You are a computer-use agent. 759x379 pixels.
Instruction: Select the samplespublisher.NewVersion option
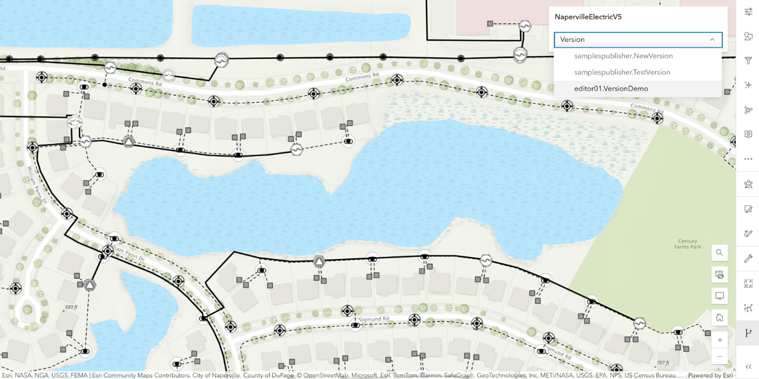pos(623,56)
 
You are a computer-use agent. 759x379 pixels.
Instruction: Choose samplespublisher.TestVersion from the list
pos(622,72)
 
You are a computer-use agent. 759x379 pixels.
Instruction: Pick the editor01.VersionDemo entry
pos(611,89)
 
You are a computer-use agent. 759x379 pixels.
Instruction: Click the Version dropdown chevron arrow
pos(712,40)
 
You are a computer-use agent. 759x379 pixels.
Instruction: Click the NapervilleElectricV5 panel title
pos(588,17)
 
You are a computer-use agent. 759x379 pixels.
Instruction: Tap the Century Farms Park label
pos(687,244)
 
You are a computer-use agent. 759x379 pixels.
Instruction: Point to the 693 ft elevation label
pos(71,307)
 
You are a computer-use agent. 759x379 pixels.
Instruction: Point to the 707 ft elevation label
pos(663,363)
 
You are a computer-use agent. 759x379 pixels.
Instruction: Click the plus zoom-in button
pos(720,340)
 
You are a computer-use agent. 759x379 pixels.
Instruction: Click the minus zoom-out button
pos(720,356)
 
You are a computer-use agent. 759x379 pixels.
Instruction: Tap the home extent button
pos(720,318)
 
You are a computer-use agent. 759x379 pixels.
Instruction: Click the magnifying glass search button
pos(720,253)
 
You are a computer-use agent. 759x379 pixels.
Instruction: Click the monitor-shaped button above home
pos(720,296)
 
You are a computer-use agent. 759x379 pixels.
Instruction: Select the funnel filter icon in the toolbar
pos(748,61)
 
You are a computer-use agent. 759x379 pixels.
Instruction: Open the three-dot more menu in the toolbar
pos(748,159)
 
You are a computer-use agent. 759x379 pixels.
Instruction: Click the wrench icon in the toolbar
pos(748,259)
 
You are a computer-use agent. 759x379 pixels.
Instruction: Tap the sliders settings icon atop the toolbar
pos(748,12)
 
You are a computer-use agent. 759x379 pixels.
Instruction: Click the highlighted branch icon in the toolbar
pos(748,333)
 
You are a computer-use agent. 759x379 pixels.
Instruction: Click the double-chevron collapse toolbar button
pos(748,366)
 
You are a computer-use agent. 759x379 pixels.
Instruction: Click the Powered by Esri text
pos(711,375)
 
